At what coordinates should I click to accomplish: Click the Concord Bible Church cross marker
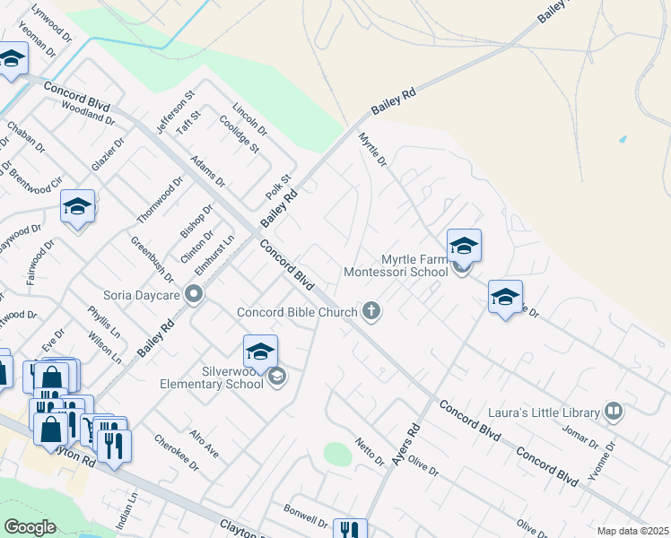pos(371,312)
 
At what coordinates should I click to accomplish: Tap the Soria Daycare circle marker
pos(193,294)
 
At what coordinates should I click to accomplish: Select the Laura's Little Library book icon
pos(614,412)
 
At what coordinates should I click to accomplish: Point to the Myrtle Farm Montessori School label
pos(396,264)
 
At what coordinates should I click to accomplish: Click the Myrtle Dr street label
pos(372,150)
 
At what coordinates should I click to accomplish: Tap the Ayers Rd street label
pos(405,444)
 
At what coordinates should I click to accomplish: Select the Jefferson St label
pos(176,112)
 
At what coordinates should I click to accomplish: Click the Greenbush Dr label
pos(152,260)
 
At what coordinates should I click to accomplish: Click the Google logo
pos(30,527)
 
